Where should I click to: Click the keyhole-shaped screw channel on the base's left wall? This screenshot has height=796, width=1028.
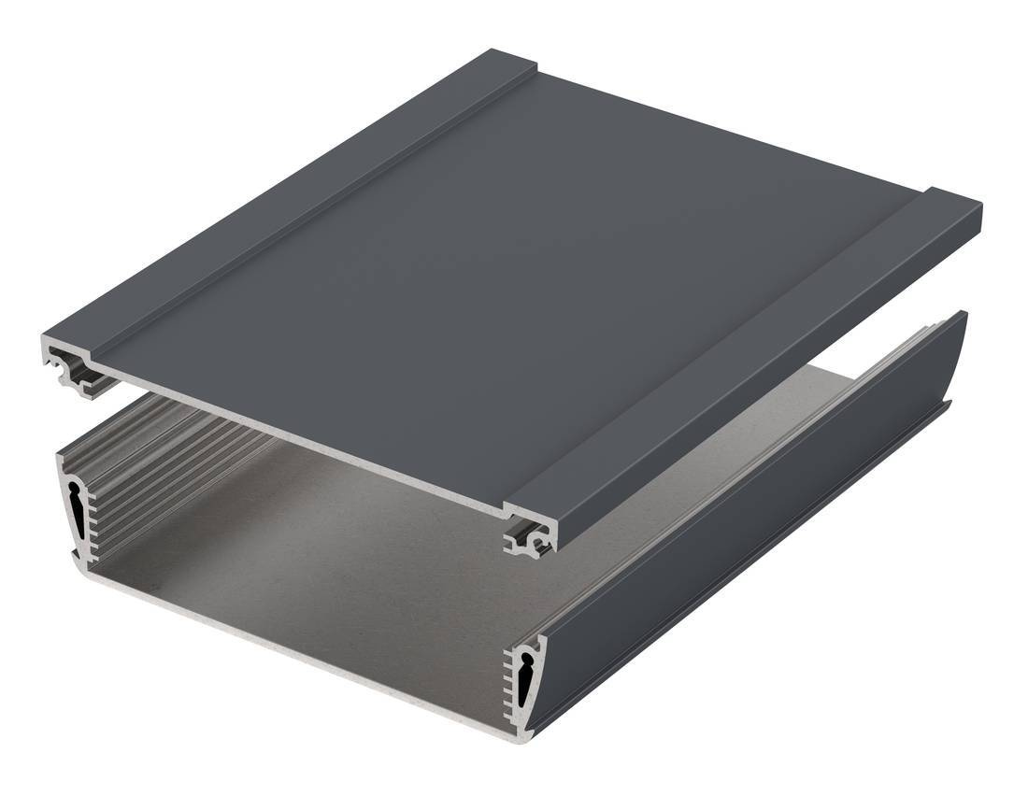pyautogui.click(x=75, y=510)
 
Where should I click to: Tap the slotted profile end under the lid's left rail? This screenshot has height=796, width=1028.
pyautogui.click(x=71, y=369)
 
